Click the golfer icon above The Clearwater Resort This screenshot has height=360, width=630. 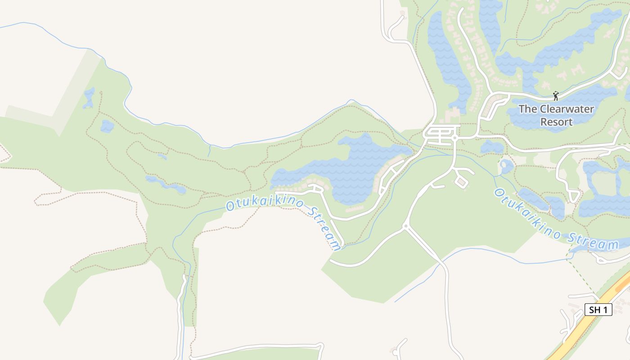pyautogui.click(x=556, y=95)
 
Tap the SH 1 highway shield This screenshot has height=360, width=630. pyautogui.click(x=598, y=310)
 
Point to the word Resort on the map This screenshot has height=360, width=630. pyautogui.click(x=556, y=122)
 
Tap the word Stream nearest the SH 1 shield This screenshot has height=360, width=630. pyautogui.click(x=593, y=244)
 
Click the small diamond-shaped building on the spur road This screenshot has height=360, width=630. pyautogui.click(x=461, y=181)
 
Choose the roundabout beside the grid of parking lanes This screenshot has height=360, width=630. pyautogui.click(x=455, y=137)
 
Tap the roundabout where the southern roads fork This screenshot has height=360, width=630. pyautogui.click(x=405, y=225)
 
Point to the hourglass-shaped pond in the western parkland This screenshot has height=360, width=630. pyautogui.click(x=89, y=98)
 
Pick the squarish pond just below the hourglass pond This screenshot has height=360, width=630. pyautogui.click(x=107, y=126)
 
